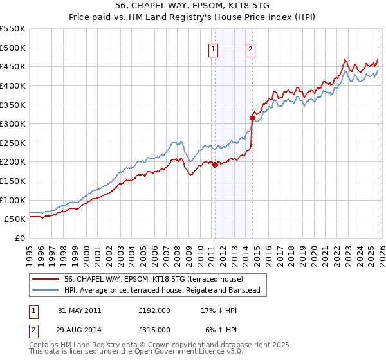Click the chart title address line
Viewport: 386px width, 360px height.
click(193, 6)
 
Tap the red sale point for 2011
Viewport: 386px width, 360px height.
click(215, 165)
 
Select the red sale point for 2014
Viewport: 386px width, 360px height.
click(252, 117)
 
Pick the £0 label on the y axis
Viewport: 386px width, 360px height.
click(20, 238)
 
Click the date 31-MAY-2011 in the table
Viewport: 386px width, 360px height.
click(80, 310)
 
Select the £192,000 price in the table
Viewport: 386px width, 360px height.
click(154, 310)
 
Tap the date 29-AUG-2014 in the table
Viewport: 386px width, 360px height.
click(80, 330)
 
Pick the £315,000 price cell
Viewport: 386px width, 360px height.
click(154, 330)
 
